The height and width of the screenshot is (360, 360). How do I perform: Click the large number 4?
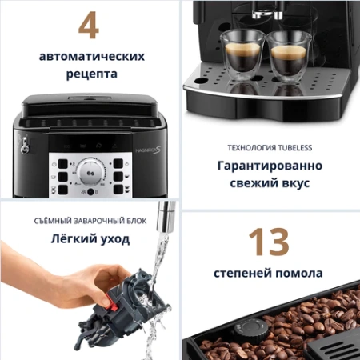tap(88, 25)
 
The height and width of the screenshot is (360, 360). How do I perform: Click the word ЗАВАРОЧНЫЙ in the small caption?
tap(94, 221)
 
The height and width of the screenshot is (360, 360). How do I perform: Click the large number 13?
tap(268, 242)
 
